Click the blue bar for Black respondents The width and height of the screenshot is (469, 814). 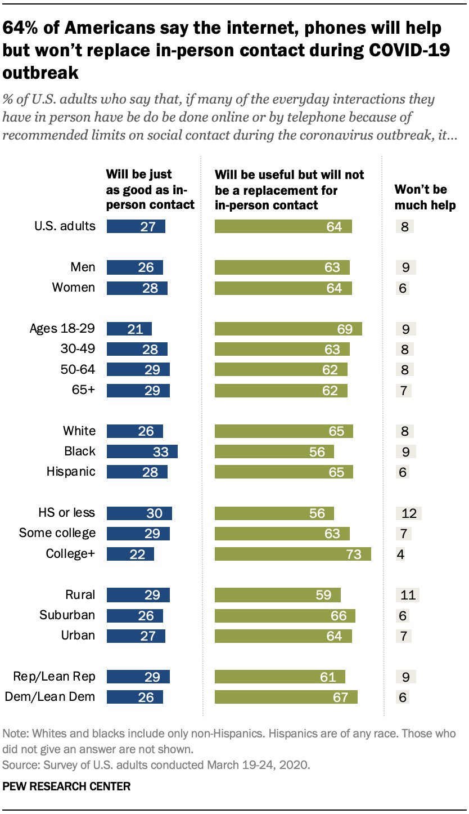pyautogui.click(x=142, y=451)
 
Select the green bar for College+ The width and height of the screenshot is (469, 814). pyautogui.click(x=292, y=554)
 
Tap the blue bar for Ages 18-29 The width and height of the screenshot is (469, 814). pyautogui.click(x=129, y=329)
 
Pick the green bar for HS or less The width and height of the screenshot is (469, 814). pyautogui.click(x=274, y=513)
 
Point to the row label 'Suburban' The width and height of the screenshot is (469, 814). pyautogui.click(x=67, y=615)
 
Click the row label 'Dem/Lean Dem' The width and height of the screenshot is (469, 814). pyautogui.click(x=50, y=697)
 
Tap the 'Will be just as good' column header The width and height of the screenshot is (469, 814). pyautogui.click(x=150, y=190)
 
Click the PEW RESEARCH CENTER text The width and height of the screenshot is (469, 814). pyautogui.click(x=67, y=786)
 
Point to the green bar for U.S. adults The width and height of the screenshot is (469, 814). pyautogui.click(x=283, y=227)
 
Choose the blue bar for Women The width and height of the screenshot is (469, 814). pyautogui.click(x=137, y=288)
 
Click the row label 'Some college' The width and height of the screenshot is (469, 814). pyautogui.click(x=57, y=533)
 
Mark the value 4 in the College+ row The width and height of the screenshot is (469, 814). pyautogui.click(x=402, y=554)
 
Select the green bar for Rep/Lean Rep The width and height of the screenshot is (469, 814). pyautogui.click(x=279, y=677)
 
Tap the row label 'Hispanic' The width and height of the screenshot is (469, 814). pyautogui.click(x=71, y=472)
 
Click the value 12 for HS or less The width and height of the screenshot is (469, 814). pyautogui.click(x=408, y=513)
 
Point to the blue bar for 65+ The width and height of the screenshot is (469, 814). pyautogui.click(x=138, y=390)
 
